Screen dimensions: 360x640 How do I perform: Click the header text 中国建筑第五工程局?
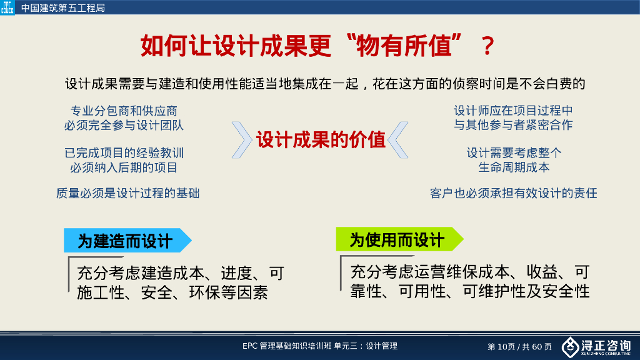click(63, 8)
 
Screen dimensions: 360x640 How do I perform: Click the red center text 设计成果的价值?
click(321, 139)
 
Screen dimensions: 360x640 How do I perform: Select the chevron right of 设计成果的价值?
click(399, 139)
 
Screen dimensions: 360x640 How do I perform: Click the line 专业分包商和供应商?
click(124, 111)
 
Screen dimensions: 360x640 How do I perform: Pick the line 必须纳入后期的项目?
click(124, 167)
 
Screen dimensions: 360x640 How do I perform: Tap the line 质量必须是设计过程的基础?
click(127, 193)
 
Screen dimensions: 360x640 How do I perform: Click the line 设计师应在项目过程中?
click(513, 111)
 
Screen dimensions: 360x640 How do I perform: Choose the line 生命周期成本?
click(514, 167)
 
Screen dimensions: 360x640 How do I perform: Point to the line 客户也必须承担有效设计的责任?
click(514, 193)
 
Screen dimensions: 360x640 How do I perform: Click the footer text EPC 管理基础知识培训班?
click(287, 346)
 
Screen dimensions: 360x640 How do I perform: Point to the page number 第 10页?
click(502, 346)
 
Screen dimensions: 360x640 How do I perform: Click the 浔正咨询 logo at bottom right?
click(596, 346)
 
